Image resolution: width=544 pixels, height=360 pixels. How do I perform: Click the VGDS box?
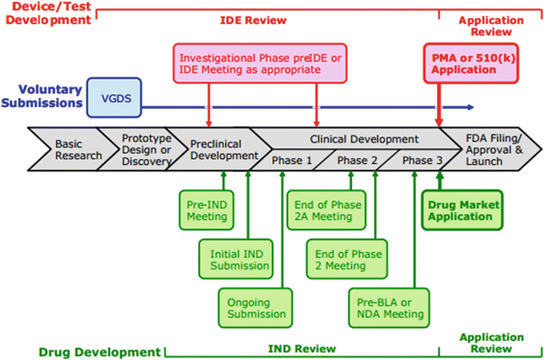point(114,98)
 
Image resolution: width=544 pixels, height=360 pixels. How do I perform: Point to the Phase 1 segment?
point(292,160)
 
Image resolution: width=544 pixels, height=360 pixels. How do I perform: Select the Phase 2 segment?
point(358,160)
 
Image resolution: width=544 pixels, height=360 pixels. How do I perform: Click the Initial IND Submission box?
point(227,259)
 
